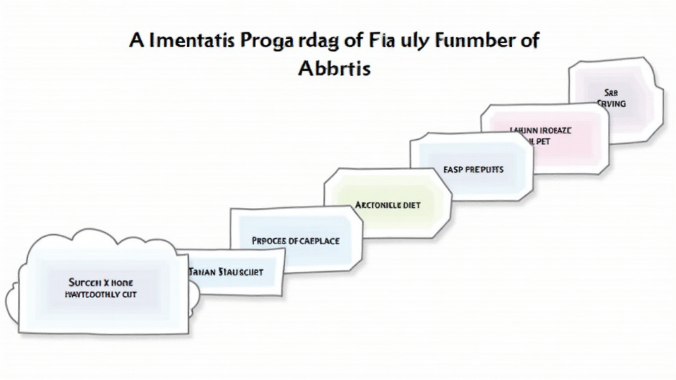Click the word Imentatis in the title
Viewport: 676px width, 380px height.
point(191,40)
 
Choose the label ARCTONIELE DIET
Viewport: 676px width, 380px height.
point(388,205)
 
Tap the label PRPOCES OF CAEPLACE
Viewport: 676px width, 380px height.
point(296,241)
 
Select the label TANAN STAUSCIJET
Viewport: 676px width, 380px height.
point(226,272)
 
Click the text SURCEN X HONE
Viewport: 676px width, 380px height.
point(100,282)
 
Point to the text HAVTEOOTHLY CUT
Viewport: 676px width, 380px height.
point(100,294)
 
